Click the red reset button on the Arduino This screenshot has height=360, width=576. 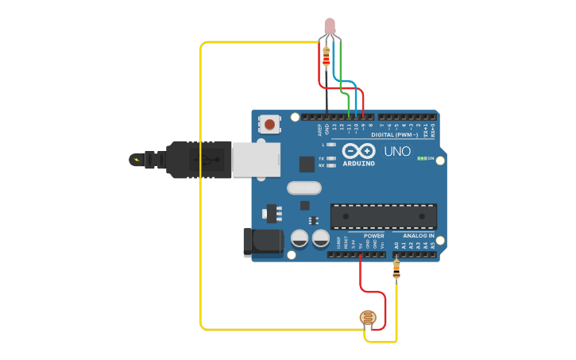(x=271, y=124)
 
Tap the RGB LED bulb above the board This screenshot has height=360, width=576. (x=331, y=25)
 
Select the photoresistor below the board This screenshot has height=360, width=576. (x=368, y=319)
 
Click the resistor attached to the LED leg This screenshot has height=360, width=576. (x=326, y=58)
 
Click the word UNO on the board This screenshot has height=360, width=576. (x=397, y=151)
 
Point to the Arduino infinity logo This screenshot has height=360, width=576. (x=358, y=150)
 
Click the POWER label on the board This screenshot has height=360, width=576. (x=373, y=236)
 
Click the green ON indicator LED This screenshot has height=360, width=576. (x=422, y=159)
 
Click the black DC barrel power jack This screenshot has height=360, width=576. (x=261, y=242)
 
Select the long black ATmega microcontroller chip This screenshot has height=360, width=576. (x=384, y=215)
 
